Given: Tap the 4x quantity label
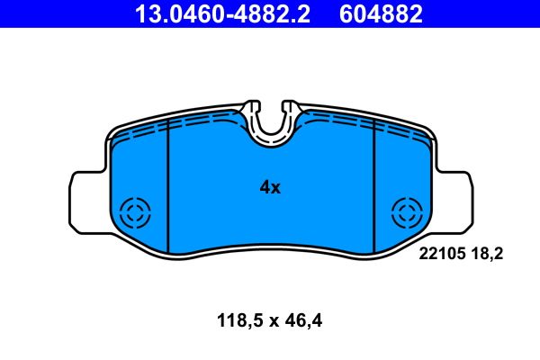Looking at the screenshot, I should pos(270,188).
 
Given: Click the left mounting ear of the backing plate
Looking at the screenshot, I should pos(86,201).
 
